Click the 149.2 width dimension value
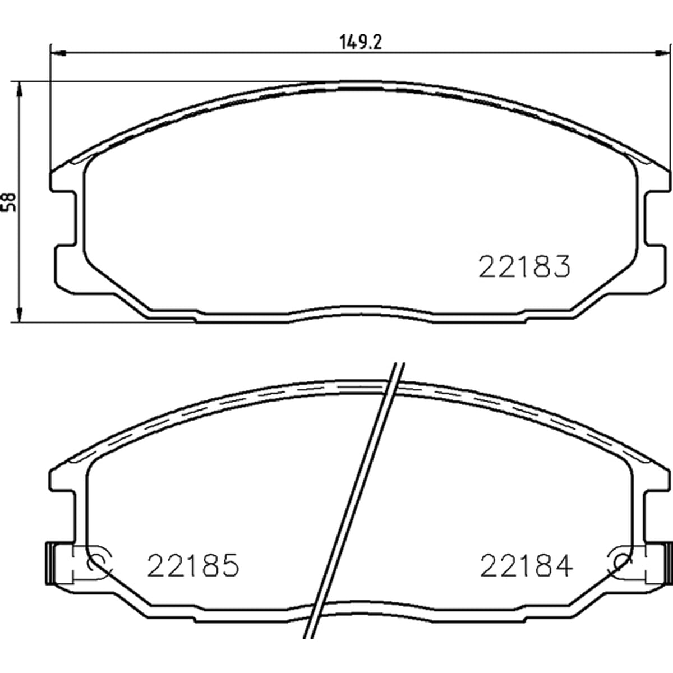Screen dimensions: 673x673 point(361,43)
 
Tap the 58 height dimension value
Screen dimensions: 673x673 point(10,202)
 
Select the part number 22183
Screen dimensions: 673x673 point(524,266)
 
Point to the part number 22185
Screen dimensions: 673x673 point(193,565)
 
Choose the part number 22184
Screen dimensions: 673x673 point(526,565)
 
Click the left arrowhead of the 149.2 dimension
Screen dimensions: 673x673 point(58,53)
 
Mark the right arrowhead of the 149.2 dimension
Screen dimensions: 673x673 point(662,53)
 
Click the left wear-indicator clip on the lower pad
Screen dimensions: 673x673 point(50,569)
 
